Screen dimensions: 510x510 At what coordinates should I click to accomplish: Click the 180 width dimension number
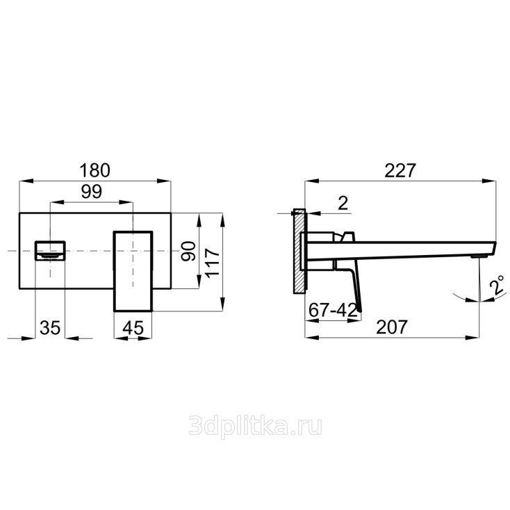(95, 170)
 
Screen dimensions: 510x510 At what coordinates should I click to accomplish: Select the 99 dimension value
(92, 192)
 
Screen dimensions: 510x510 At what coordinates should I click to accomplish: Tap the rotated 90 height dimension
(189, 251)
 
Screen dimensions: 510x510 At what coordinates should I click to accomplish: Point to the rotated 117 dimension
(213, 263)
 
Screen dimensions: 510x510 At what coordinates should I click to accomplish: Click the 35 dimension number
(50, 327)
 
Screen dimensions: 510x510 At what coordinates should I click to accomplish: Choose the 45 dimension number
(133, 328)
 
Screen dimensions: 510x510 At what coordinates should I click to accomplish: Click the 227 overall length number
(400, 170)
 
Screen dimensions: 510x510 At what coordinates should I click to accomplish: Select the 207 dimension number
(392, 327)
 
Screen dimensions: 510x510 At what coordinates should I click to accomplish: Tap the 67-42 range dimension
(333, 310)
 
